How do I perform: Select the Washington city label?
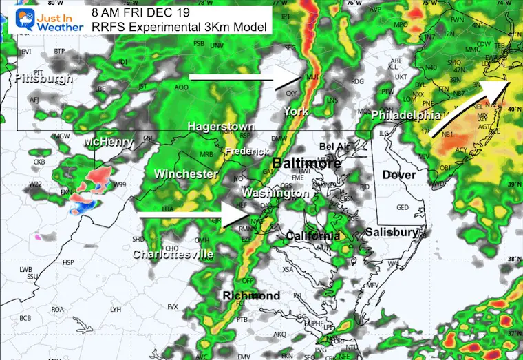click(276, 193)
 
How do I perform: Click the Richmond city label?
click(251, 296)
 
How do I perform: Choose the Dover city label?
click(399, 175)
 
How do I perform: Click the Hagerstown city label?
click(221, 127)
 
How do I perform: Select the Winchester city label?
click(186, 174)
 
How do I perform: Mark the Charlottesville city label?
click(173, 255)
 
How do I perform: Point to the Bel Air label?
click(334, 147)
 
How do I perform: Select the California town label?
click(313, 236)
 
